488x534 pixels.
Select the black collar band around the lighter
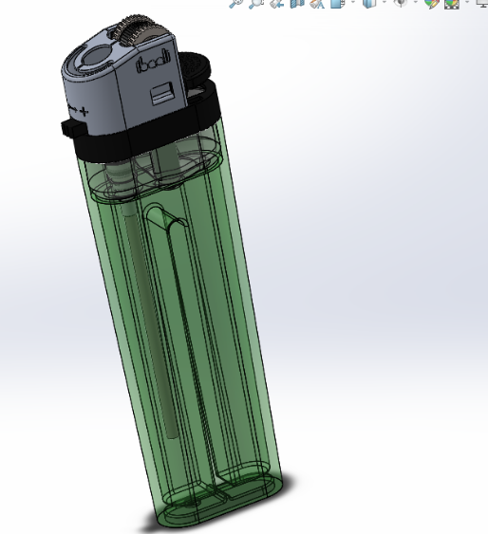142,134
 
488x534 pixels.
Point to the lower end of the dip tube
169,432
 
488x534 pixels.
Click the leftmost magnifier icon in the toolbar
236,4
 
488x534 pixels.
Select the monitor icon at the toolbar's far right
480,4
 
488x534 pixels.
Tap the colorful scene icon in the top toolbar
453,4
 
